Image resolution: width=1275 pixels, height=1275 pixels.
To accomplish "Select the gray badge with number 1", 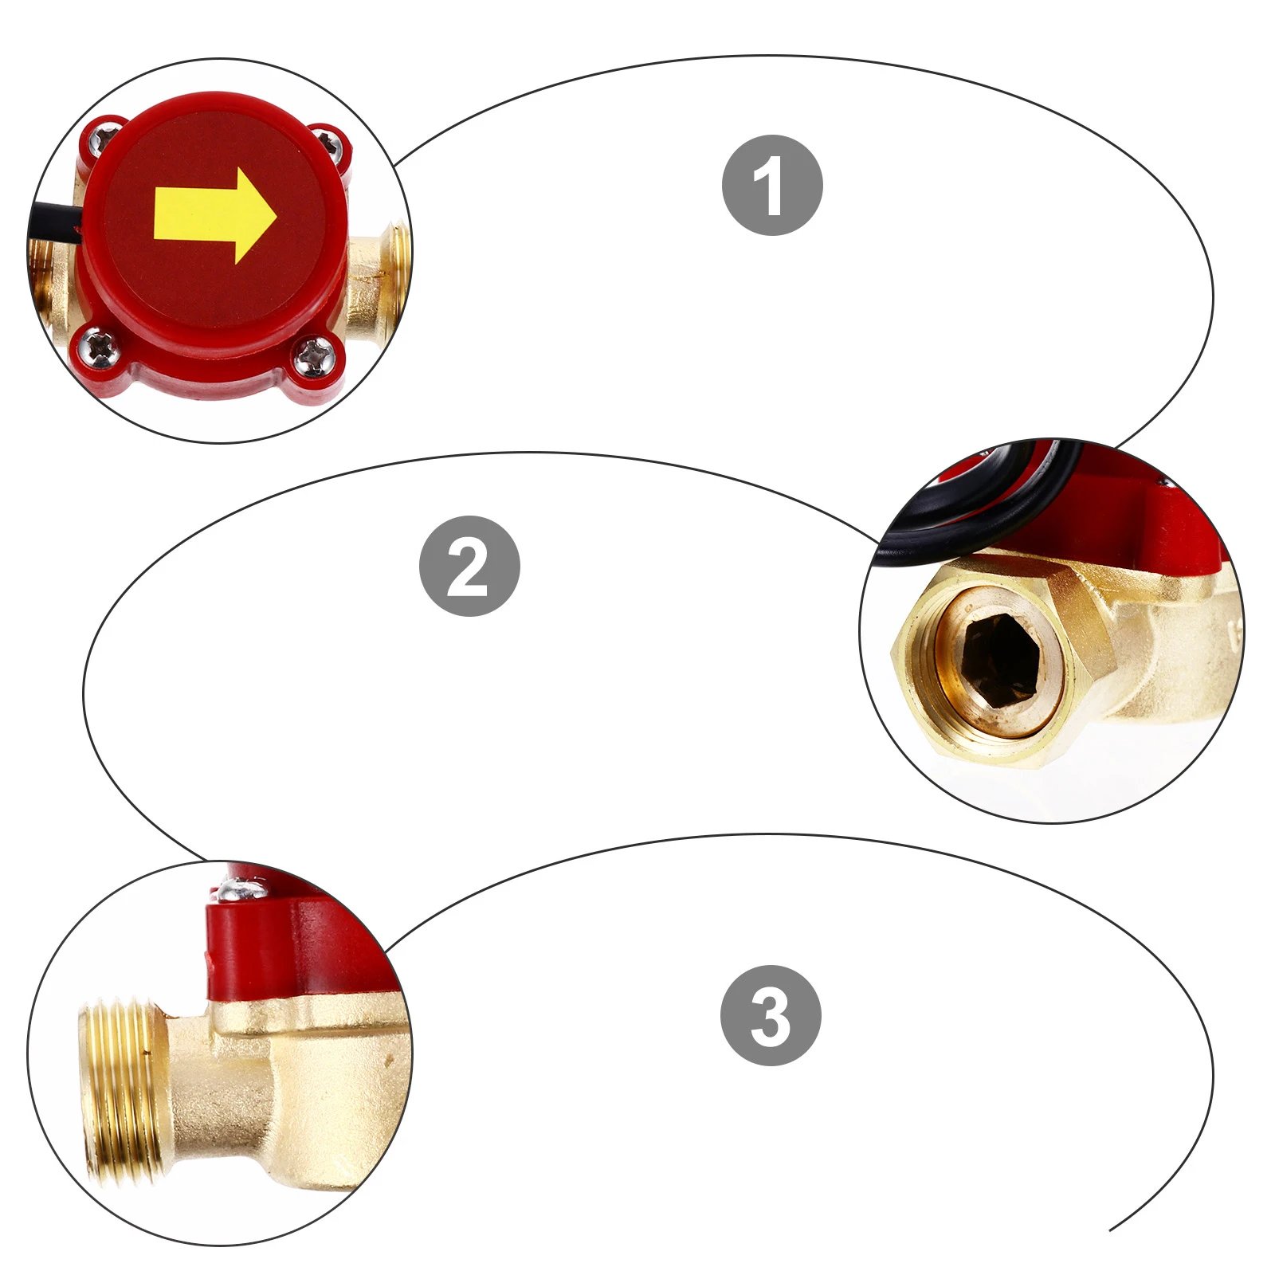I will [x=771, y=186].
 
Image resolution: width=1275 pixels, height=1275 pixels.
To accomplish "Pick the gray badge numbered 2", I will [x=469, y=566].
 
